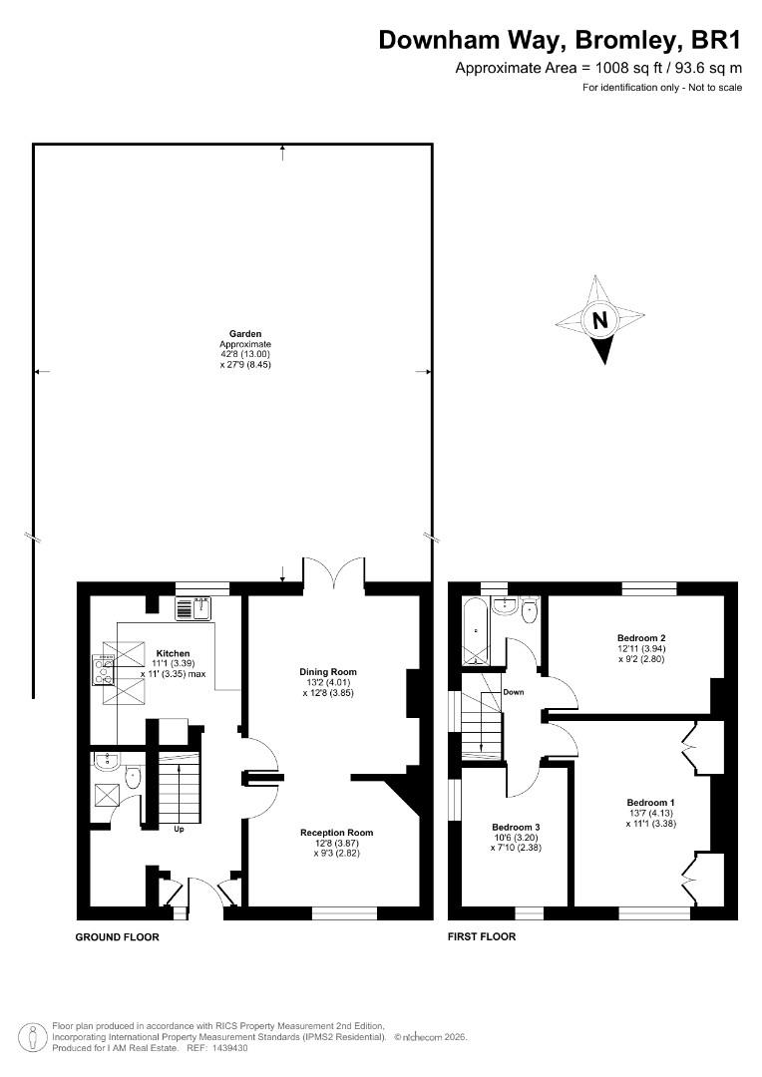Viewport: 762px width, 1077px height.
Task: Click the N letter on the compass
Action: (600, 320)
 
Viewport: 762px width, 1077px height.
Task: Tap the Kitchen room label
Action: (174, 653)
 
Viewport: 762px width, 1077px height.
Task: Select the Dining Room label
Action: (328, 672)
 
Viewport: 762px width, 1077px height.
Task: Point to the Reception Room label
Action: (336, 833)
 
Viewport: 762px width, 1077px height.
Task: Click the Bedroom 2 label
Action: (641, 637)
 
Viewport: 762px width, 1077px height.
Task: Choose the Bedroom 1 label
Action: (650, 802)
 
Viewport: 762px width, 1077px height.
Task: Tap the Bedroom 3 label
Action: (516, 827)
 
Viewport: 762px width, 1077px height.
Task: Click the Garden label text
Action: (245, 334)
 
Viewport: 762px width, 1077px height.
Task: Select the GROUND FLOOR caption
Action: (117, 936)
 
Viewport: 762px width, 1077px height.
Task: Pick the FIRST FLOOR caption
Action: (482, 936)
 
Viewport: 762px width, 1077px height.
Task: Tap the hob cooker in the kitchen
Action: (104, 670)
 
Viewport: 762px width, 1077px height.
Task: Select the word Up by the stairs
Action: (179, 829)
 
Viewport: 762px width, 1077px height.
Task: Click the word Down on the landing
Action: (514, 692)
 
